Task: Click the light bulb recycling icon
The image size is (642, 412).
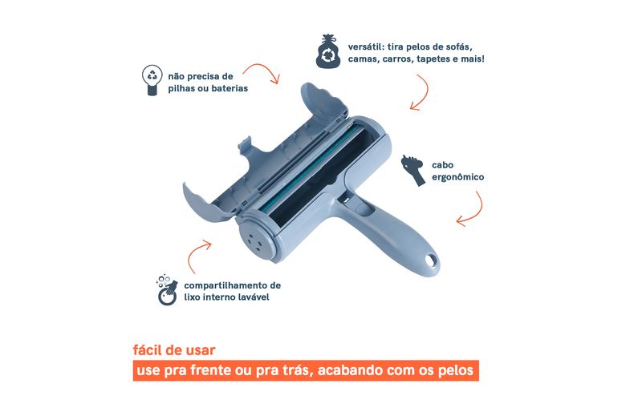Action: [x=152, y=80]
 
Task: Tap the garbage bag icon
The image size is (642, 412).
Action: [x=328, y=51]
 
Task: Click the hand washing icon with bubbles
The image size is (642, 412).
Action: [x=167, y=290]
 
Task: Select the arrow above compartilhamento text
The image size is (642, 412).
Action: [x=195, y=253]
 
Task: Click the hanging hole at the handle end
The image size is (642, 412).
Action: [x=430, y=260]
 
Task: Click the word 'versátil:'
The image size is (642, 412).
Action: [x=366, y=46]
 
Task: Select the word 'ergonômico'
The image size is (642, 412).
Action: [x=457, y=177]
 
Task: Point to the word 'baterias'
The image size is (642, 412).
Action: [x=230, y=88]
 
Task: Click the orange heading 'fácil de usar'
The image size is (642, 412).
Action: [x=174, y=350]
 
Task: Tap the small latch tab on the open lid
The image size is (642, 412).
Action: [x=245, y=145]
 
